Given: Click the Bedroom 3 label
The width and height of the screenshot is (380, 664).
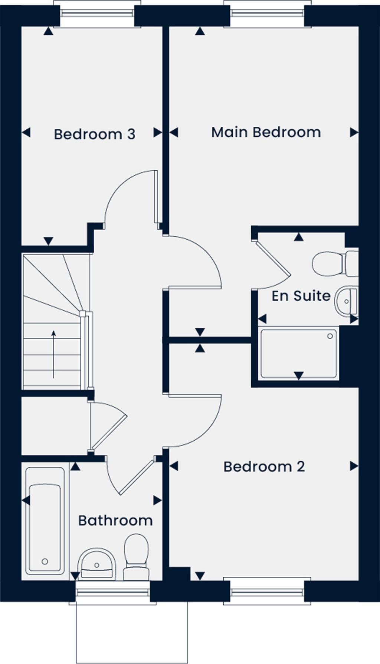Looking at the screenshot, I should [x=94, y=134].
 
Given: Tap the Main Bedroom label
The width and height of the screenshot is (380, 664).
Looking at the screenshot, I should [x=266, y=132].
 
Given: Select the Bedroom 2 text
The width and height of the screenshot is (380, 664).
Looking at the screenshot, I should [x=264, y=467].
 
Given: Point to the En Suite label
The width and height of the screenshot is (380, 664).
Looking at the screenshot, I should [x=301, y=296].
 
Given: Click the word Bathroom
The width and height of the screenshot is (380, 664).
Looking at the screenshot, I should [x=115, y=521].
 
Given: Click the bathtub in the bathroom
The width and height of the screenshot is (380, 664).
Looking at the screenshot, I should [x=45, y=520].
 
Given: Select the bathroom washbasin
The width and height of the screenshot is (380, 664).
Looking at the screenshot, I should [x=96, y=563].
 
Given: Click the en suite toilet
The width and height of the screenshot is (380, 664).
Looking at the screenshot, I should [x=334, y=263].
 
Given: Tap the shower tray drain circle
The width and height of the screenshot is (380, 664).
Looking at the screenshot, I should [x=330, y=336].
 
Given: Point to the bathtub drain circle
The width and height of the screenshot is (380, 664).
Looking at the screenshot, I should [x=45, y=561].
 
